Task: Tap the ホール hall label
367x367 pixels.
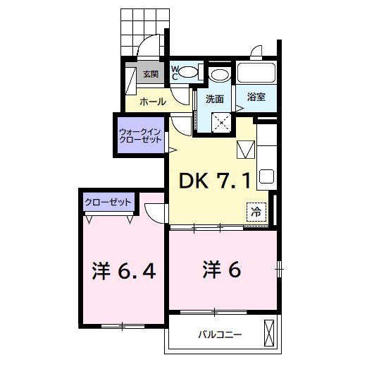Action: click(153, 101)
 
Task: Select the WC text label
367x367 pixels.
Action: click(175, 73)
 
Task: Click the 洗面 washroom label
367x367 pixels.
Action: click(215, 100)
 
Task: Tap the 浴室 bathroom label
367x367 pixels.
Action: click(256, 98)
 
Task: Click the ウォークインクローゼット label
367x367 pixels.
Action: click(140, 135)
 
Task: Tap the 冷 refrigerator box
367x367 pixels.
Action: click(256, 210)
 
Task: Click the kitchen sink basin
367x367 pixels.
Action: click(267, 176)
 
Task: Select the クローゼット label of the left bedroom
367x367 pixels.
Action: click(108, 203)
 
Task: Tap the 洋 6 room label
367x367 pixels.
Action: click(222, 269)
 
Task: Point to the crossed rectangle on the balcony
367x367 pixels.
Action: click(268, 333)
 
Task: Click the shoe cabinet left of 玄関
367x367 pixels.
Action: click(131, 78)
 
